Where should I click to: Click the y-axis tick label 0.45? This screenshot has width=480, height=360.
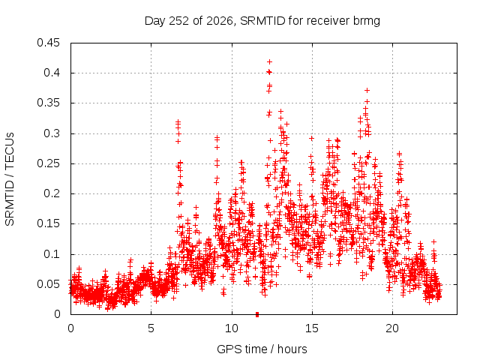pyautogui.click(x=48, y=43)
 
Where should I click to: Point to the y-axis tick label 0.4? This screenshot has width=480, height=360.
pyautogui.click(x=52, y=73)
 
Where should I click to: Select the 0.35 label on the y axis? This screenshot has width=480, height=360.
pyautogui.click(x=48, y=103)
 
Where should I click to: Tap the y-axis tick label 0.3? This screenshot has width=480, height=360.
pyautogui.click(x=52, y=133)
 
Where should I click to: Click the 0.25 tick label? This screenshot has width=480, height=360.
pyautogui.click(x=48, y=163)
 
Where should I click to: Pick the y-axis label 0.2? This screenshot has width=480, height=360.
pyautogui.click(x=52, y=193)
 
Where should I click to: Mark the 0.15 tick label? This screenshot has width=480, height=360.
pyautogui.click(x=48, y=223)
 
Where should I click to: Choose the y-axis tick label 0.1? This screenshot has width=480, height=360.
pyautogui.click(x=52, y=254)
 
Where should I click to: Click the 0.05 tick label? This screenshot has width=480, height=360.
pyautogui.click(x=48, y=284)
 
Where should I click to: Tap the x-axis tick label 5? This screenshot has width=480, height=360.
pyautogui.click(x=151, y=328)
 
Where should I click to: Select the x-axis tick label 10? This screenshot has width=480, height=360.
pyautogui.click(x=232, y=328)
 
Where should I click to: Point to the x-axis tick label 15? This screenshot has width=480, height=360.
pyautogui.click(x=312, y=328)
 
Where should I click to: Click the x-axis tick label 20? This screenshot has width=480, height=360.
pyautogui.click(x=392, y=328)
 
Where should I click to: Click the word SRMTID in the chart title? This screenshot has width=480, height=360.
pyautogui.click(x=262, y=21)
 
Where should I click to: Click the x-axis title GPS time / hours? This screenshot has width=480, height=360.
pyautogui.click(x=262, y=349)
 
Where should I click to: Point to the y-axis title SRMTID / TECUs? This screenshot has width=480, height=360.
pyautogui.click(x=10, y=179)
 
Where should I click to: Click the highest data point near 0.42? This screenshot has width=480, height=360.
pyautogui.click(x=270, y=62)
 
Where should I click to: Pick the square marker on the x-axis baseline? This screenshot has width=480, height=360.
pyautogui.click(x=257, y=314)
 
